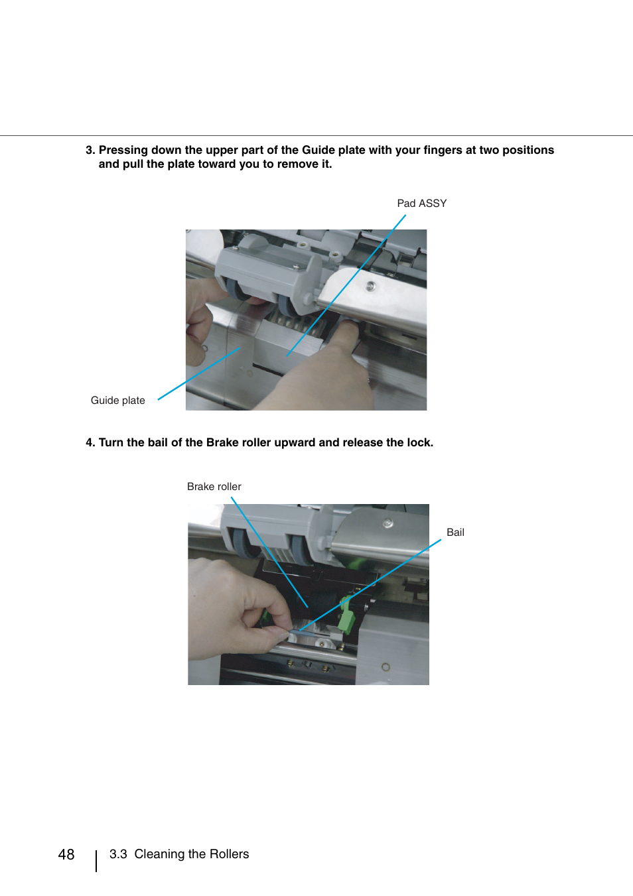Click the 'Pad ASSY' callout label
pos(421,203)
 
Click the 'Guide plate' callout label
pos(117,400)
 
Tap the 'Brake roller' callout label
pos(214,486)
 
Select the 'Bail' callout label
pos(455,532)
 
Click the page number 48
pos(66,854)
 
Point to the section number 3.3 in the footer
pos(118,854)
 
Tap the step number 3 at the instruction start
pos(90,150)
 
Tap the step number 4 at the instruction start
pos(90,442)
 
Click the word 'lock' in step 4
pos(418,442)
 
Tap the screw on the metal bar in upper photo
pos(371,286)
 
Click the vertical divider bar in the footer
pos(96,860)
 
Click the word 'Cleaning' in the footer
pos(160,854)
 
